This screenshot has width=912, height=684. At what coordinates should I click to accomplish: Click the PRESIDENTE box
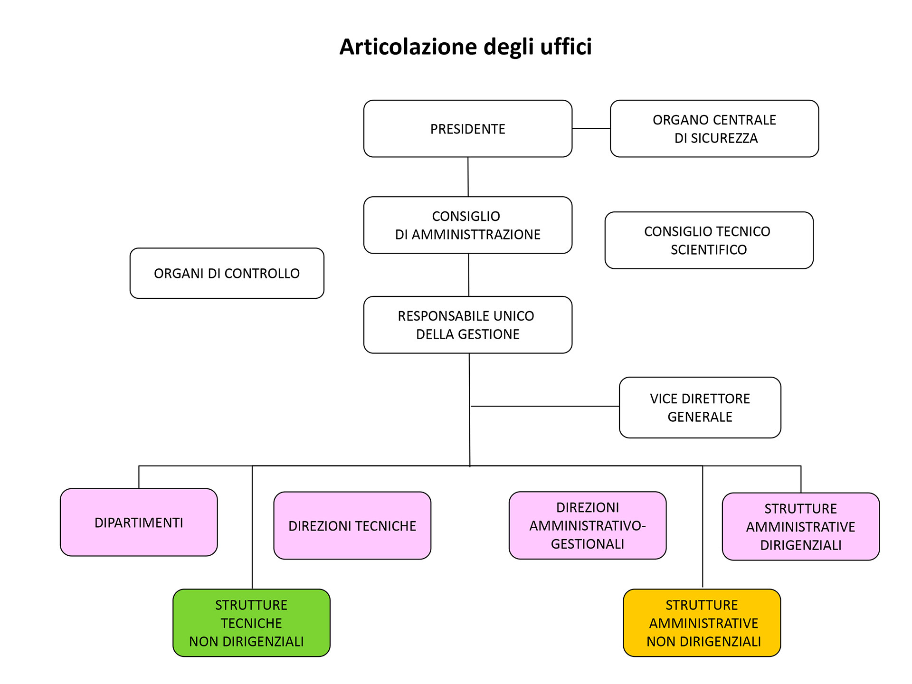[468, 128]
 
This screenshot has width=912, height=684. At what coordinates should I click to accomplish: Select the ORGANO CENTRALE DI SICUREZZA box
[714, 128]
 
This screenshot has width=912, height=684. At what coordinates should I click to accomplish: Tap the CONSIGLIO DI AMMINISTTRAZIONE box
[468, 225]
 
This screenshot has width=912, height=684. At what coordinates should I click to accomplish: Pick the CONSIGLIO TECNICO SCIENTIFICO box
[709, 240]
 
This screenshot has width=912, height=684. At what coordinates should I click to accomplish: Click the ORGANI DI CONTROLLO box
[227, 273]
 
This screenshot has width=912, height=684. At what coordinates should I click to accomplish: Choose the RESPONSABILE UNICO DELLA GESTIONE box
[468, 325]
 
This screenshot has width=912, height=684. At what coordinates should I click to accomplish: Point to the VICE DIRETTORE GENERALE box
[700, 408]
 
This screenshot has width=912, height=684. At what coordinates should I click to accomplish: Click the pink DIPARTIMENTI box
[139, 522]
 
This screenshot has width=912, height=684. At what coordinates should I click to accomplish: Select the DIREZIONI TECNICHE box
[352, 525]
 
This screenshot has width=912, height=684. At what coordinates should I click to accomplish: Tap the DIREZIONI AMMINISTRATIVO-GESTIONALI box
[588, 525]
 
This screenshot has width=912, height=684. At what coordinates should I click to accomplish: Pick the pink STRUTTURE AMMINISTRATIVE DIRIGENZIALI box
[801, 526]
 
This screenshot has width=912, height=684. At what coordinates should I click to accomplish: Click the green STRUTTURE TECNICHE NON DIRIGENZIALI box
[251, 623]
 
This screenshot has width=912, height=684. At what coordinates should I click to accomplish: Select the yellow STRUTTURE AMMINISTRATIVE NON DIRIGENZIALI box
[702, 623]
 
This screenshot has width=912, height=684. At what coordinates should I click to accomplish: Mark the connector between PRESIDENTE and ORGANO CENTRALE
[591, 128]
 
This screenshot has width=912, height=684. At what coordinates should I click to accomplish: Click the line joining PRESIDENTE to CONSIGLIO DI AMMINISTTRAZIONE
[468, 177]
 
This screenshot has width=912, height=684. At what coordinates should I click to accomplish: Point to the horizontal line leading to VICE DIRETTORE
[545, 406]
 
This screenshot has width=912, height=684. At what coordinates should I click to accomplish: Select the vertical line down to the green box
[252, 527]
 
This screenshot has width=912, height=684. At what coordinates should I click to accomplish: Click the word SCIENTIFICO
[709, 249]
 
